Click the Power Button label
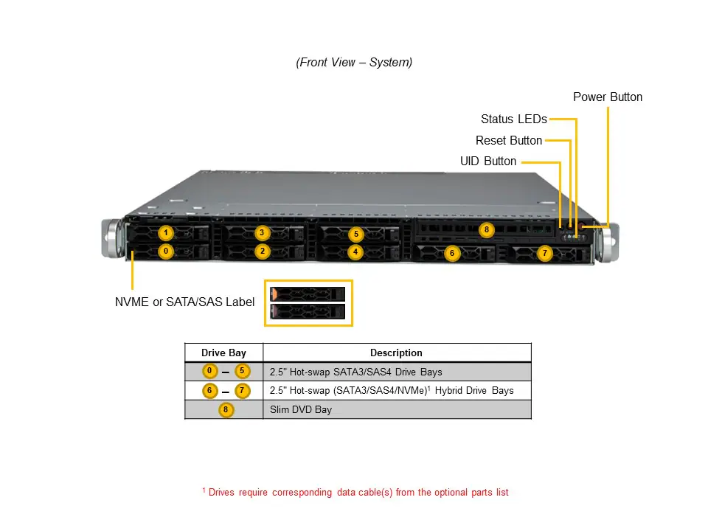tap(607, 97)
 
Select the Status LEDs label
tap(513, 119)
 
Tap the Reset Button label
tap(508, 140)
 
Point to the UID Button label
tap(487, 161)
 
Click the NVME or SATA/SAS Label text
tap(184, 302)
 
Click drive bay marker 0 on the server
tap(167, 251)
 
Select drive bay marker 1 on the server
tap(167, 233)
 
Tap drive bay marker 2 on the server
tap(262, 251)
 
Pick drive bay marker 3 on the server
tap(262, 233)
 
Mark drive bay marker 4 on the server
tap(356, 252)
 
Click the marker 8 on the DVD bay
tap(485, 229)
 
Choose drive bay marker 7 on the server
tap(544, 253)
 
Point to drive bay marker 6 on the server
tap(452, 253)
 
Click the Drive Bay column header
tap(223, 353)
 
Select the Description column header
tap(396, 353)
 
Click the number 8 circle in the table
tap(225, 409)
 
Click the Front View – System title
tap(354, 63)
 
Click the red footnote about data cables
tap(355, 492)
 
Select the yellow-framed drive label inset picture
tap(308, 303)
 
